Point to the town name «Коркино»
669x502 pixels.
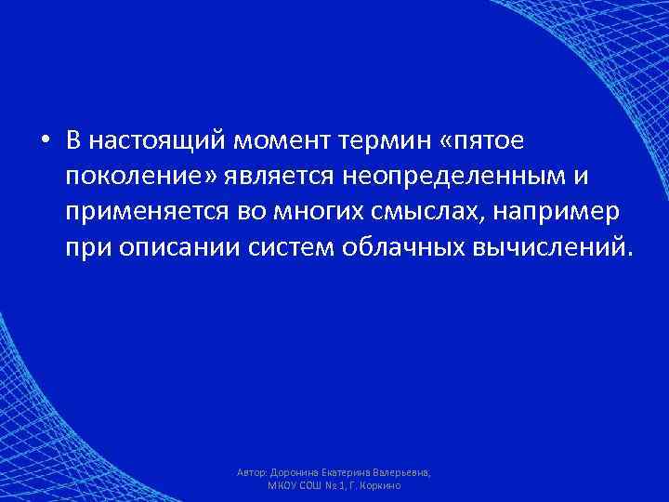tap(380, 486)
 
